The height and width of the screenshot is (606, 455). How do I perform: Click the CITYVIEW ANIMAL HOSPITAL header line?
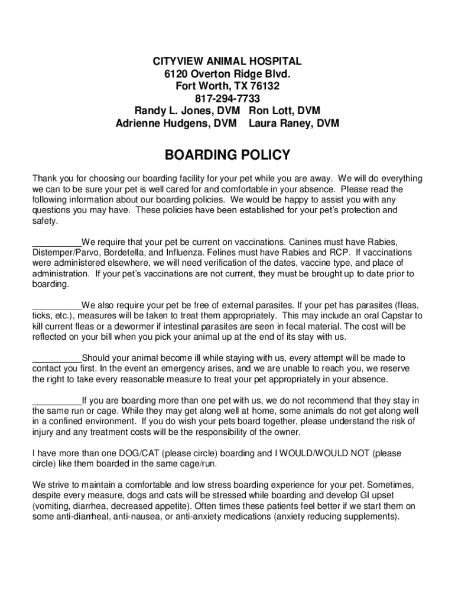[x=227, y=62]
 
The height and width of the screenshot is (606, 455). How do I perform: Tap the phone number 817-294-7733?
[x=227, y=98]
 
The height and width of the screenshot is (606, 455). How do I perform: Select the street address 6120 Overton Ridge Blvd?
[x=227, y=74]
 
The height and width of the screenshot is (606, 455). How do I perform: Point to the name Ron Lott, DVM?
[x=285, y=111]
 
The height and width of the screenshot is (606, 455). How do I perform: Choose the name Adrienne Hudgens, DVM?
[x=175, y=124]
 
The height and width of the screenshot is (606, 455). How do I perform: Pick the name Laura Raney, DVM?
[x=294, y=124]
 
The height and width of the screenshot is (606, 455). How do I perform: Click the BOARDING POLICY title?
[x=227, y=156]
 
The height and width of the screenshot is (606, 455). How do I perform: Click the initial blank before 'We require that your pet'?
[x=57, y=243]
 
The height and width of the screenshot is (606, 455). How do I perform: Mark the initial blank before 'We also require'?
[x=57, y=306]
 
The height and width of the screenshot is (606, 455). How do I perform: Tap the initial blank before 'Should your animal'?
[x=57, y=359]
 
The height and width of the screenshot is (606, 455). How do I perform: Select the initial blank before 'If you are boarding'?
[x=57, y=401]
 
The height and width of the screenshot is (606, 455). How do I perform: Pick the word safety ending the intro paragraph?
[x=44, y=221]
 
